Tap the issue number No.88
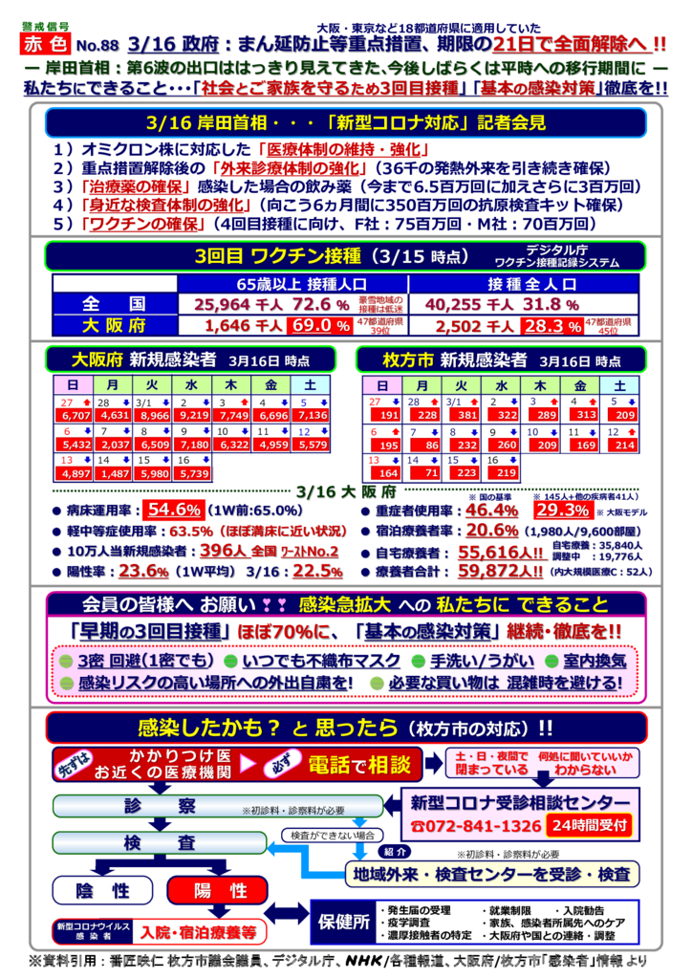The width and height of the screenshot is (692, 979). [x=97, y=45]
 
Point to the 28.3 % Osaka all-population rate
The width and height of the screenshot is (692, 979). [x=554, y=325]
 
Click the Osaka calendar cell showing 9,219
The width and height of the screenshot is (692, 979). [x=194, y=415]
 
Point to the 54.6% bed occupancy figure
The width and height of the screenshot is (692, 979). [x=174, y=510]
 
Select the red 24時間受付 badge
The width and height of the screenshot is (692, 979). [x=589, y=824]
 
